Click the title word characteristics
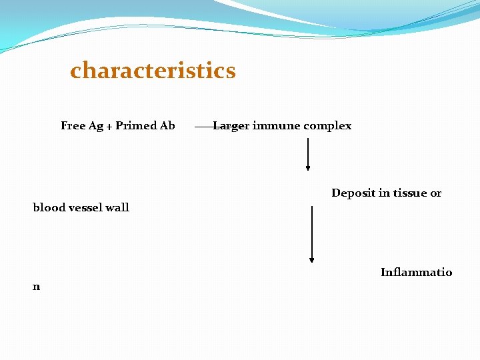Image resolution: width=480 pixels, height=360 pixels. coord(153,71)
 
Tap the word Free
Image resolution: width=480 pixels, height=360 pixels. coord(73,125)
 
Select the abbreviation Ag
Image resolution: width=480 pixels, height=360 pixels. coord(95,126)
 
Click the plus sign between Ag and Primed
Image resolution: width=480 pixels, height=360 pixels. coord(109,127)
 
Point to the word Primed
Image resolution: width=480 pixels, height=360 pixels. coord(136,125)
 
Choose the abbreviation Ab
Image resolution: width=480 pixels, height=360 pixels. coord(168,125)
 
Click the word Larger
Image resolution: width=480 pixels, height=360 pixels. coord(231,126)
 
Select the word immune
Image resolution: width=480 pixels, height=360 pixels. coord(276,125)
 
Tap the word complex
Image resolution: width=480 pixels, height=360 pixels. coord(327,126)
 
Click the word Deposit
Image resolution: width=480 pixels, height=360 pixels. coord(353,193)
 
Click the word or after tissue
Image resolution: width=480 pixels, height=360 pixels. coord(436,193)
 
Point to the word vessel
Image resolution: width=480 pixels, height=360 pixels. coord(86,207)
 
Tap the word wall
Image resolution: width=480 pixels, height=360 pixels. coord(118,207)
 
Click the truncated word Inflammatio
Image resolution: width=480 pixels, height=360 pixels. coord(416,272)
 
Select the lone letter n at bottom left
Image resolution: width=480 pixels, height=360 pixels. coord(37,287)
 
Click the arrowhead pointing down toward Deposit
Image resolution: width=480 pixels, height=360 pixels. coord(307,168)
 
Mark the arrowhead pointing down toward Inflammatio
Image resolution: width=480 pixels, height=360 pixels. coord(311,259)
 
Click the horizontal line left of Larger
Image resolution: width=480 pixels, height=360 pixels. coord(203,125)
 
